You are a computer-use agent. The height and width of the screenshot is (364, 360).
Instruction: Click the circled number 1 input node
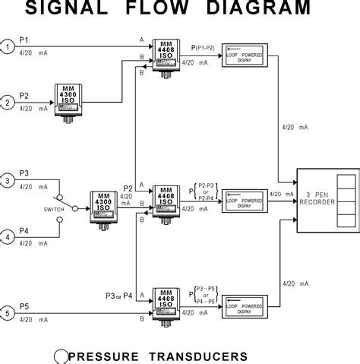click(x=7, y=47)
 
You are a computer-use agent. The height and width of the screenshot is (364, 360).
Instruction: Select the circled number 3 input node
click(x=7, y=180)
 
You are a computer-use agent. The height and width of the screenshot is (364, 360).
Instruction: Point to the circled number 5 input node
click(x=7, y=312)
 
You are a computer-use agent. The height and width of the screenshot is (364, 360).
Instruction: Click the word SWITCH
click(x=33, y=208)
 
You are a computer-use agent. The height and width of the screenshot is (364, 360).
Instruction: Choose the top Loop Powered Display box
click(x=245, y=56)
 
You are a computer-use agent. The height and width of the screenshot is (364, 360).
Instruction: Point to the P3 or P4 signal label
click(x=119, y=295)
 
